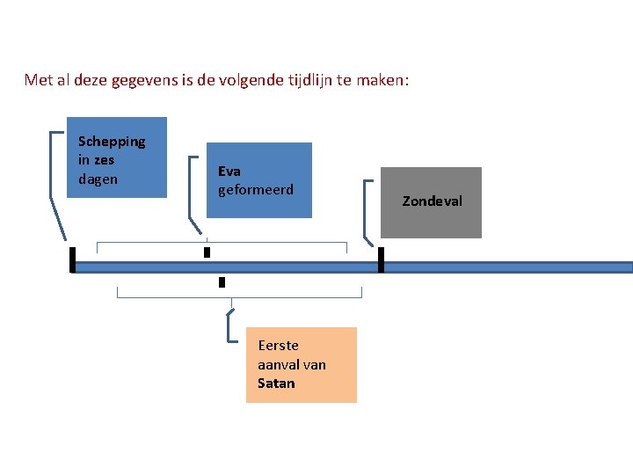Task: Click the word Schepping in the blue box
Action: point(112,142)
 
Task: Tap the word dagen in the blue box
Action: point(98,179)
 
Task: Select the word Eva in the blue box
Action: point(229,171)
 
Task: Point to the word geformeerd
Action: point(256,190)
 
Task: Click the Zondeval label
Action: point(432,201)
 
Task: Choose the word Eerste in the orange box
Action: point(279,346)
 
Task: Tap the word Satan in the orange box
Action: point(276,384)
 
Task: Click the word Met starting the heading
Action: point(39,81)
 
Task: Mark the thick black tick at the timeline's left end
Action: point(72,259)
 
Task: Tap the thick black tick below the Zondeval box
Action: point(381,259)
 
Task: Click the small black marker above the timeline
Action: point(207,252)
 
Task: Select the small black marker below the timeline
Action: point(222,282)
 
